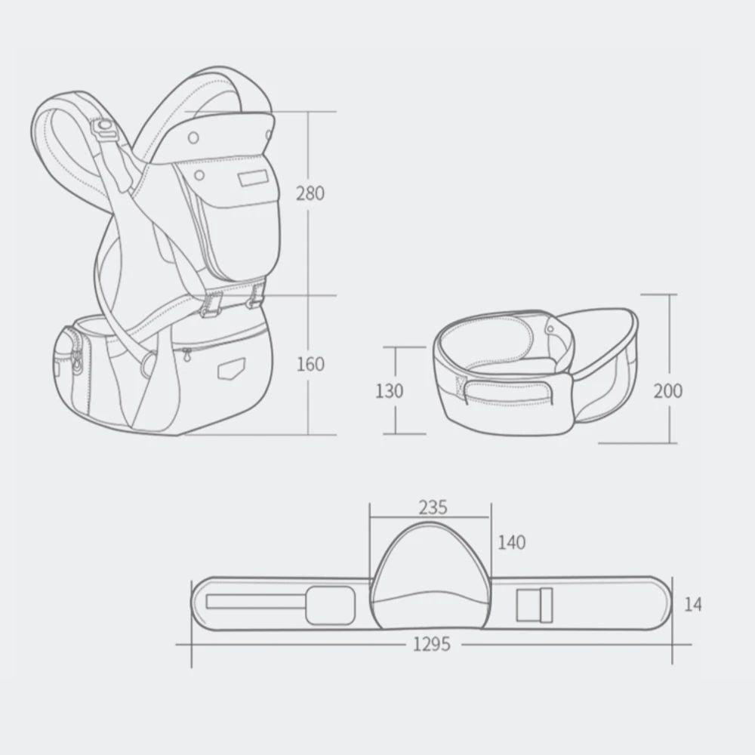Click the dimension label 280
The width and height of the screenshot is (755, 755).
(x=310, y=193)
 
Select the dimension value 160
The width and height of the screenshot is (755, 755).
(x=310, y=364)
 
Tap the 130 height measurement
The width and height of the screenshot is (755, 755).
(x=389, y=391)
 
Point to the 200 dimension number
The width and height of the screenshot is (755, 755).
(x=667, y=390)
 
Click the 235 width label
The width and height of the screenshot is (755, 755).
(x=433, y=507)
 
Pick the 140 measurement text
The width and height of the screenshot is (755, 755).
(x=512, y=542)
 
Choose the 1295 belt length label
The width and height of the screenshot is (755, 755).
(x=432, y=644)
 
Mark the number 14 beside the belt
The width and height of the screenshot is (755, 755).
(x=692, y=604)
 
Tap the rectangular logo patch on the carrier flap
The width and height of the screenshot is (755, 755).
(x=251, y=180)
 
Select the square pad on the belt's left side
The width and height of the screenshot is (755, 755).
(x=329, y=604)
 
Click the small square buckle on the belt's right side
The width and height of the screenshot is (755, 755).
(x=535, y=603)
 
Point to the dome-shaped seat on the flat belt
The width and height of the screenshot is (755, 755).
(x=430, y=578)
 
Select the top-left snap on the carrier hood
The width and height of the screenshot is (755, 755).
(x=194, y=137)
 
